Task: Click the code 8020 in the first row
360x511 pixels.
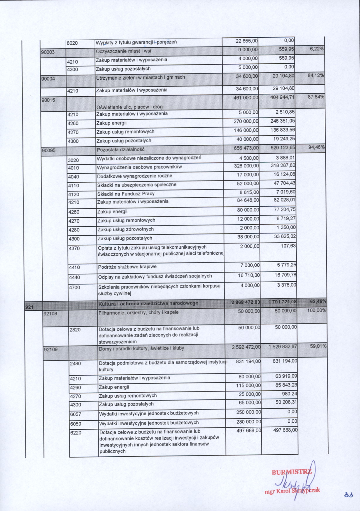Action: pyautogui.click(x=72, y=43)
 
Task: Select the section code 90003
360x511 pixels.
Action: pyautogui.click(x=48, y=52)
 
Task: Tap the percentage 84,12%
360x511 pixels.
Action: pyautogui.click(x=316, y=75)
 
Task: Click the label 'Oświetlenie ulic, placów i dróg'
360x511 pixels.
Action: pyautogui.click(x=129, y=107)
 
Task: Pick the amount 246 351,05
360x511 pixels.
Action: pyautogui.click(x=283, y=121)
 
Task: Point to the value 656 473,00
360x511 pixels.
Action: pyautogui.click(x=246, y=148)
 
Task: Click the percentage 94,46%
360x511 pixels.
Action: pyautogui.click(x=316, y=147)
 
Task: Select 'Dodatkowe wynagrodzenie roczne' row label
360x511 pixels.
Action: pyautogui.click(x=135, y=176)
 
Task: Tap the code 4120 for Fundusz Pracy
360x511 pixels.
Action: pyautogui.click(x=73, y=194)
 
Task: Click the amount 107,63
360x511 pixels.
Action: pyautogui.click(x=288, y=246)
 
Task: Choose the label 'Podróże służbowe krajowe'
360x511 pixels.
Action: pyautogui.click(x=127, y=267)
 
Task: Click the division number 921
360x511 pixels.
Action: pyautogui.click(x=29, y=307)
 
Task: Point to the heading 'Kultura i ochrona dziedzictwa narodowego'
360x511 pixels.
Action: pyautogui.click(x=148, y=303)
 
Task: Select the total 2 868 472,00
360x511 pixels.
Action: pyautogui.click(x=245, y=302)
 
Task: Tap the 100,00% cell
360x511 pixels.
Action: pyautogui.click(x=317, y=310)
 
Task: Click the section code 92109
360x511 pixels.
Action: pyautogui.click(x=51, y=349)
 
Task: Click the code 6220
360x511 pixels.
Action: pyautogui.click(x=75, y=433)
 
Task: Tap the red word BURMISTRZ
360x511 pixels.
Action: pyautogui.click(x=292, y=472)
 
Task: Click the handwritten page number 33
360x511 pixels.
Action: pyautogui.click(x=348, y=495)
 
